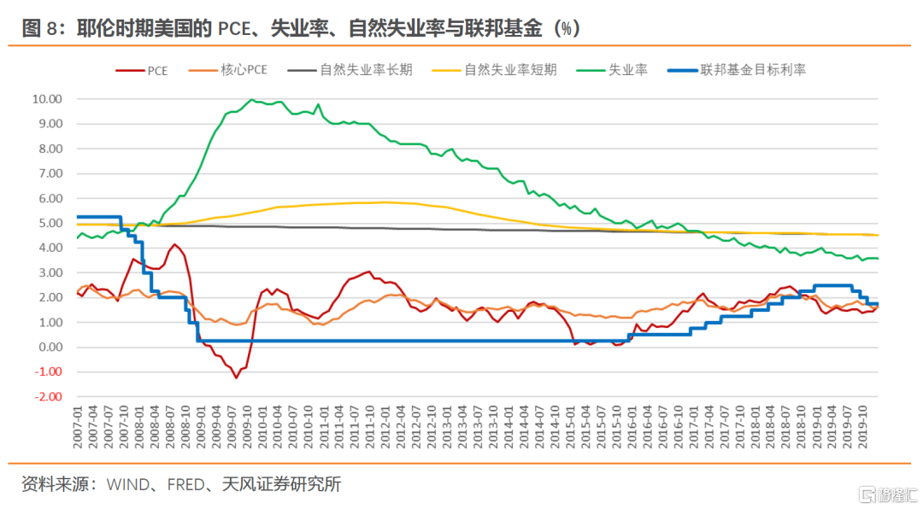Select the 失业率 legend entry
coord(627,70)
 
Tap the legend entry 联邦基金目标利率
coord(752,70)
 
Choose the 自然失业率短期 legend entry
coord(510,70)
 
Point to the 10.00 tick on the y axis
coord(47,99)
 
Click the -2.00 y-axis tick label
coord(47,397)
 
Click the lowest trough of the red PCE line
coord(237,377)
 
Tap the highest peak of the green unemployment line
coord(251,100)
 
